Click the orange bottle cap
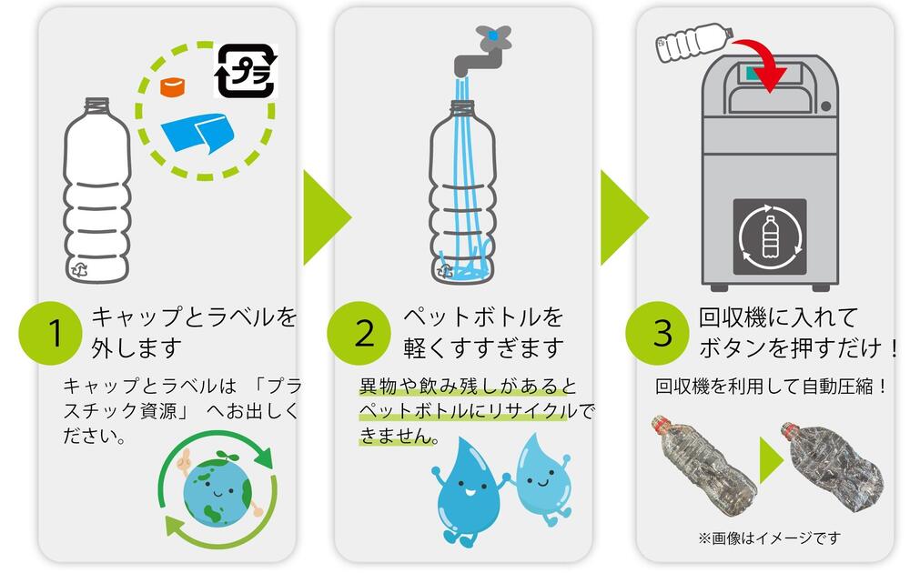(172, 87)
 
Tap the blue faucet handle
(492, 35)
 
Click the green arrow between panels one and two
(325, 216)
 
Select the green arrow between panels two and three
(622, 216)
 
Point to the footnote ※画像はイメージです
(769, 538)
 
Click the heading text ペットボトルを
(483, 318)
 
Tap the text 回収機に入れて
(778, 318)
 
